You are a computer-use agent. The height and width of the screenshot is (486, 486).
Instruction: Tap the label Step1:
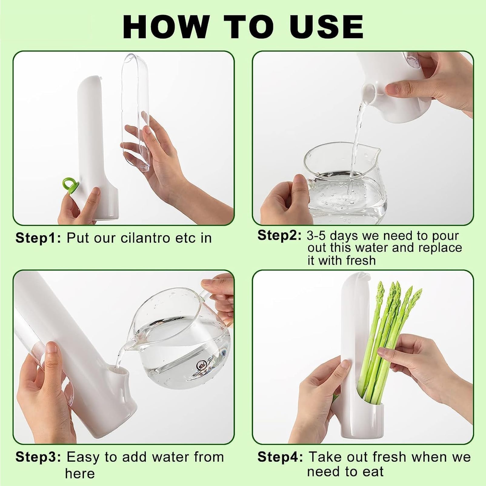point(38,238)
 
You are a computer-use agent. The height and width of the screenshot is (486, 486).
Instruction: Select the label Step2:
point(279,236)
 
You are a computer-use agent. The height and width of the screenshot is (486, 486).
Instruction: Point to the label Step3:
point(38,457)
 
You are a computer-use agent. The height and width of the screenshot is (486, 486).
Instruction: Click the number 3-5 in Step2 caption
point(317,236)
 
